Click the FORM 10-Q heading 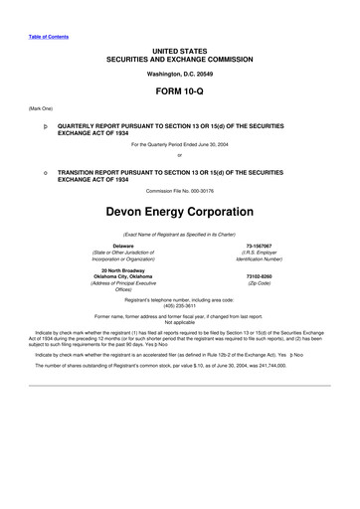(179, 89)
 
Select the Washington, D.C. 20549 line (179, 74)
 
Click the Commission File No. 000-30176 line (179, 190)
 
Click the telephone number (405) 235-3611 (179, 305)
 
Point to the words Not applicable (179, 322)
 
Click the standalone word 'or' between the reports (179, 155)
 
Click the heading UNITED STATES (179, 49)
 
